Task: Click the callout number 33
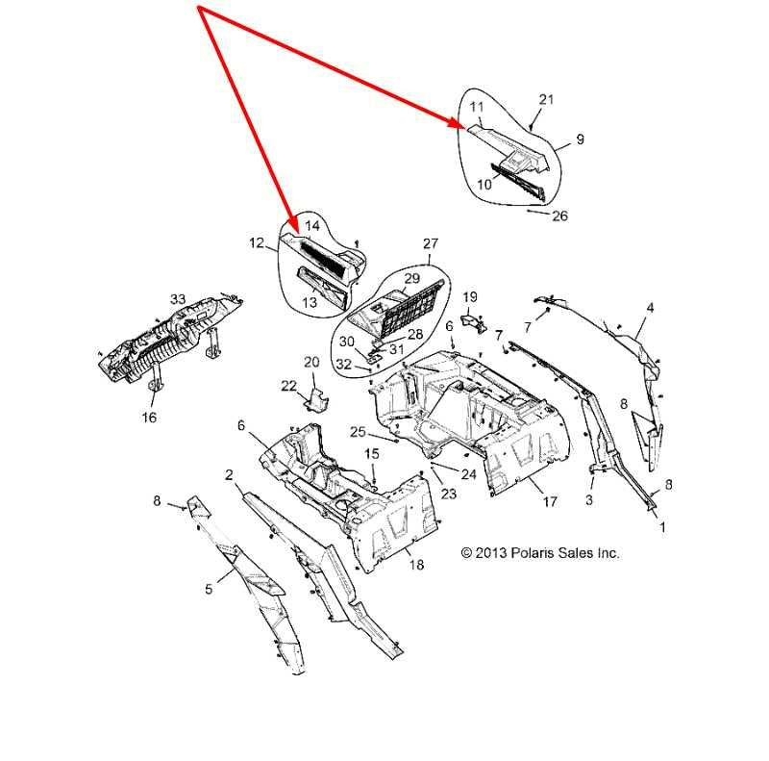click(x=178, y=299)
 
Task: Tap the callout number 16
click(x=149, y=418)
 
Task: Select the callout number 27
click(x=430, y=243)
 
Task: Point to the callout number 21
click(x=546, y=100)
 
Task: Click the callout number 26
click(x=559, y=216)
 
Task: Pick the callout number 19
click(x=470, y=297)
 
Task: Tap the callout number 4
click(x=651, y=308)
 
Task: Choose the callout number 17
click(x=550, y=501)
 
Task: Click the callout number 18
click(x=416, y=565)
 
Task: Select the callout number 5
click(x=209, y=589)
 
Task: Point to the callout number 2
click(x=229, y=475)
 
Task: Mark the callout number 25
click(x=358, y=432)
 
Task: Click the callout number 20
click(x=311, y=363)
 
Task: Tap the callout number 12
click(x=257, y=243)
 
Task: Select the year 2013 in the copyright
click(x=491, y=553)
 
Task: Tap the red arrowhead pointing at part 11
click(x=455, y=123)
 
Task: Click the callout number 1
click(x=662, y=527)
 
